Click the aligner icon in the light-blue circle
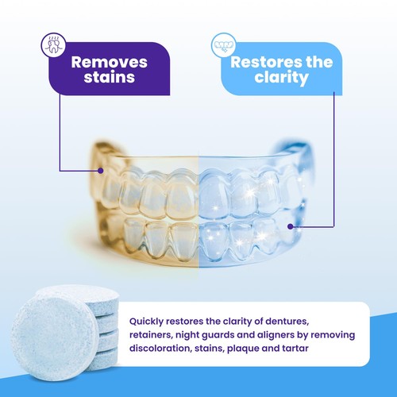[x=221, y=44]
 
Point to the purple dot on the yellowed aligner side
[x=101, y=170]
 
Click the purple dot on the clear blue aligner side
[x=291, y=225]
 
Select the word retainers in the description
[x=150, y=335]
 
